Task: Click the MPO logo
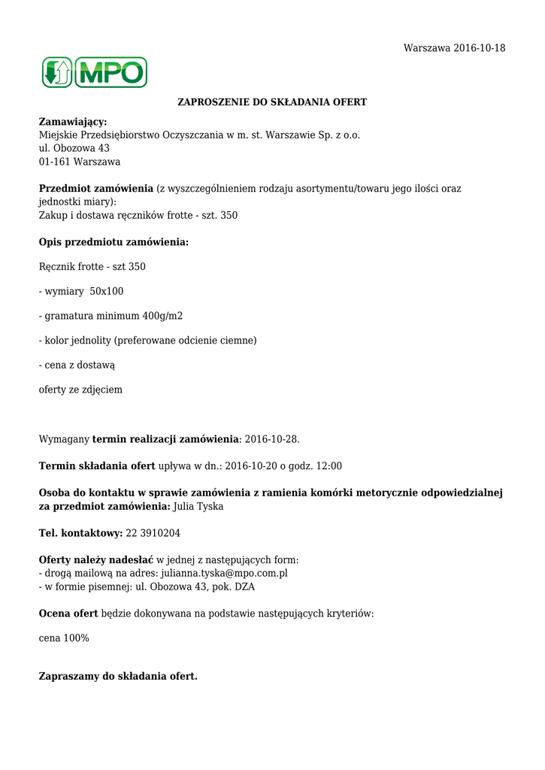95,72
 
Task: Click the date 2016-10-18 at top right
480,48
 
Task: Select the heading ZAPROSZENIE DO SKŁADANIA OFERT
271,102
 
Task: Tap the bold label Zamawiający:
73,122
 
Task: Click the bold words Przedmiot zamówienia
95,189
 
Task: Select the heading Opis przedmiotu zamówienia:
114,242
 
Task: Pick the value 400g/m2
162,316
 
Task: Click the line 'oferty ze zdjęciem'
80,390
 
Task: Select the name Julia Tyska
198,507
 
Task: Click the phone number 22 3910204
153,533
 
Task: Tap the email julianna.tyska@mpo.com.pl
225,573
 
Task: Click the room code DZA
244,587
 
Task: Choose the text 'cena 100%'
64,638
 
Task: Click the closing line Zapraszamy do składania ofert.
118,676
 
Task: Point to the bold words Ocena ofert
68,613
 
